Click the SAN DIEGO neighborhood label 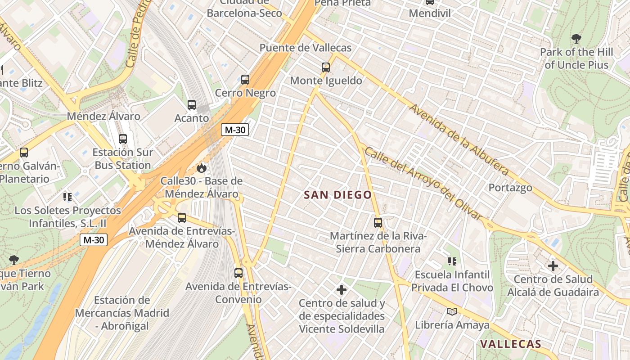pyautogui.click(x=338, y=195)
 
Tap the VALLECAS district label pyautogui.click(x=510, y=344)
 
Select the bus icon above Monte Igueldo pyautogui.click(x=326, y=68)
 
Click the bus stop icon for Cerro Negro pyautogui.click(x=245, y=80)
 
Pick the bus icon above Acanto pyautogui.click(x=192, y=105)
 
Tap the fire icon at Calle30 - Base pyautogui.click(x=202, y=168)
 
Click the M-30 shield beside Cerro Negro pyautogui.click(x=235, y=130)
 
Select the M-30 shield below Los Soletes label pyautogui.click(x=94, y=240)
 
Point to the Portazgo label pyautogui.click(x=510, y=188)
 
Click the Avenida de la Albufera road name pyautogui.click(x=459, y=140)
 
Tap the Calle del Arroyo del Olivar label pyautogui.click(x=423, y=184)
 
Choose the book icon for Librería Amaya pyautogui.click(x=452, y=311)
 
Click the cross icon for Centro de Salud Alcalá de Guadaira pyautogui.click(x=553, y=266)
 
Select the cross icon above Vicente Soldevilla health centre pyautogui.click(x=342, y=289)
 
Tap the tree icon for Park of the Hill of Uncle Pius pyautogui.click(x=576, y=39)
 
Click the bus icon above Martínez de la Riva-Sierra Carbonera pyautogui.click(x=378, y=223)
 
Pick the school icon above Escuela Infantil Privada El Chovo pyautogui.click(x=452, y=261)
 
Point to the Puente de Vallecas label pyautogui.click(x=305, y=48)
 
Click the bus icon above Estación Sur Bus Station pyautogui.click(x=123, y=139)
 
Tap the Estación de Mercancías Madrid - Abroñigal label pyautogui.click(x=122, y=313)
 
